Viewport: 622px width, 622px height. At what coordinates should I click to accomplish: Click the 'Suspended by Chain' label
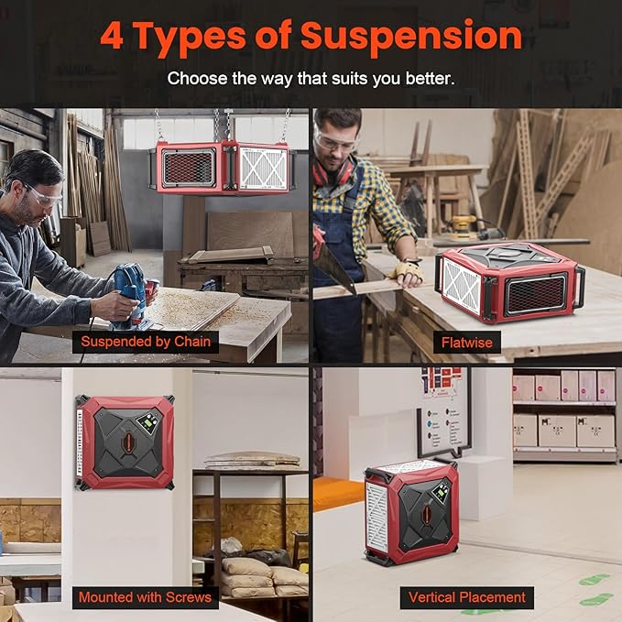tap(146, 342)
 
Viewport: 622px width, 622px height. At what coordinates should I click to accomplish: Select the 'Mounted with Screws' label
tap(145, 596)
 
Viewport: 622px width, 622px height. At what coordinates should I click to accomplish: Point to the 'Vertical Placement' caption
tap(467, 596)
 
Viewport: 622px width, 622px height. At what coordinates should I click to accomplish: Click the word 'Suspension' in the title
tap(411, 37)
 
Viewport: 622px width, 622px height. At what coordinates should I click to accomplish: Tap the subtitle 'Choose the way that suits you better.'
tap(311, 78)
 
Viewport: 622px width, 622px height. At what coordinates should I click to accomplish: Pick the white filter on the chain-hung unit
tap(264, 168)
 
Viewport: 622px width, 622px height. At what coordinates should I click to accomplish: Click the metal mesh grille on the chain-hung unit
tap(188, 168)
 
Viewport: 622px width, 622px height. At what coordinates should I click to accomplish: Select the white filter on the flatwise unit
tap(461, 286)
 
